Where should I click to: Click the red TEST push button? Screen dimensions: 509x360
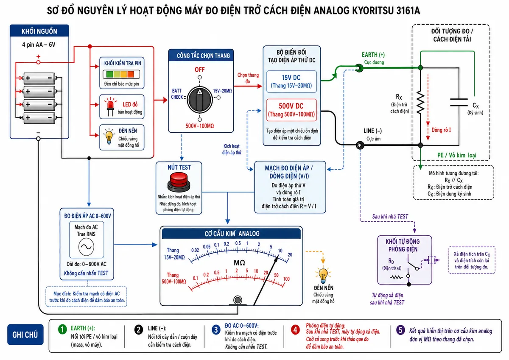click(179, 182)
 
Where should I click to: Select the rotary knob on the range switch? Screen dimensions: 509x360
click(200, 100)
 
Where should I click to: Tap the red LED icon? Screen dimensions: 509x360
click(110, 106)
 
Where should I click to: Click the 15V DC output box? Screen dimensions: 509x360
click(291, 81)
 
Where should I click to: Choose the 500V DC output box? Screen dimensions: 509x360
click(291, 110)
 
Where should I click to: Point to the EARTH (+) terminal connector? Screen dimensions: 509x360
click(359, 68)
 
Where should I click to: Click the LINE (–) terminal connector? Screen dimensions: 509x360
click(360, 145)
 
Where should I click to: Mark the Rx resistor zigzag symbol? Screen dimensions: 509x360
click(420, 103)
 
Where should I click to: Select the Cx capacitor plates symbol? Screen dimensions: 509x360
click(459, 103)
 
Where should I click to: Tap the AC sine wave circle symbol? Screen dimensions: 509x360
click(86, 247)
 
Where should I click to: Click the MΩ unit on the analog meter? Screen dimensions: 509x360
click(240, 263)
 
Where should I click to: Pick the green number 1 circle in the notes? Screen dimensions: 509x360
click(62, 329)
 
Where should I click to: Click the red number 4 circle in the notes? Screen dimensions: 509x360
click(295, 329)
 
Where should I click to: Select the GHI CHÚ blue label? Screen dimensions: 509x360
click(25, 335)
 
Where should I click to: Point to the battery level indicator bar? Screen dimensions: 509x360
click(121, 74)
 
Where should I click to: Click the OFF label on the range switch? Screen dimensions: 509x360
click(200, 70)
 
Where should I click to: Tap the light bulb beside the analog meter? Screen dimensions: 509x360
click(323, 276)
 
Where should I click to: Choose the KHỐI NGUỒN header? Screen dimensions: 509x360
click(39, 31)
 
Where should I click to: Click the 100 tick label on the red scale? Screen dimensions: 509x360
click(286, 279)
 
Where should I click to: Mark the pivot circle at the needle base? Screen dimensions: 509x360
click(238, 300)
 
